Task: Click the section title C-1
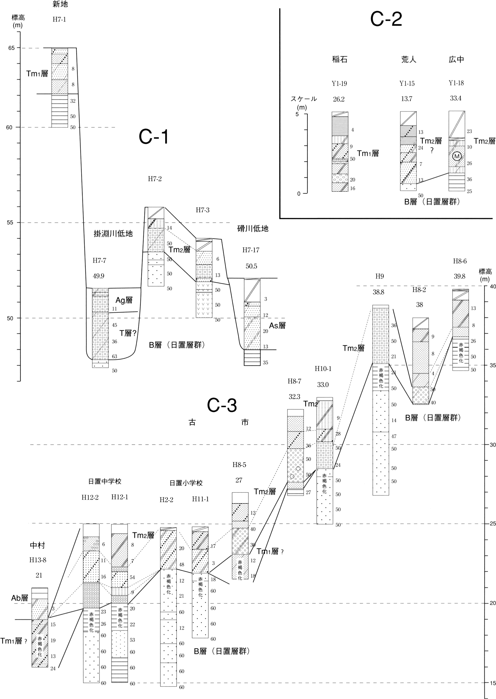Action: click(x=154, y=136)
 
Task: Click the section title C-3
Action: click(x=222, y=406)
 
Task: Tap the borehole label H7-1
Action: click(x=59, y=20)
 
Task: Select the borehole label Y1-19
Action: click(x=339, y=83)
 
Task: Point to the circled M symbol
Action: click(x=457, y=156)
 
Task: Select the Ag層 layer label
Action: click(x=124, y=300)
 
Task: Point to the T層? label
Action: click(x=128, y=333)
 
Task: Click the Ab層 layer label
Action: click(x=20, y=598)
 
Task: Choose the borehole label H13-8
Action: click(x=38, y=560)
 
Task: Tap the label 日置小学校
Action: click(x=186, y=483)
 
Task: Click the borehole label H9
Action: click(x=379, y=276)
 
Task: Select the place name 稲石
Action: click(x=340, y=59)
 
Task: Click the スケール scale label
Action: click(x=304, y=99)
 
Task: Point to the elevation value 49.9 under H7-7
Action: click(x=99, y=276)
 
